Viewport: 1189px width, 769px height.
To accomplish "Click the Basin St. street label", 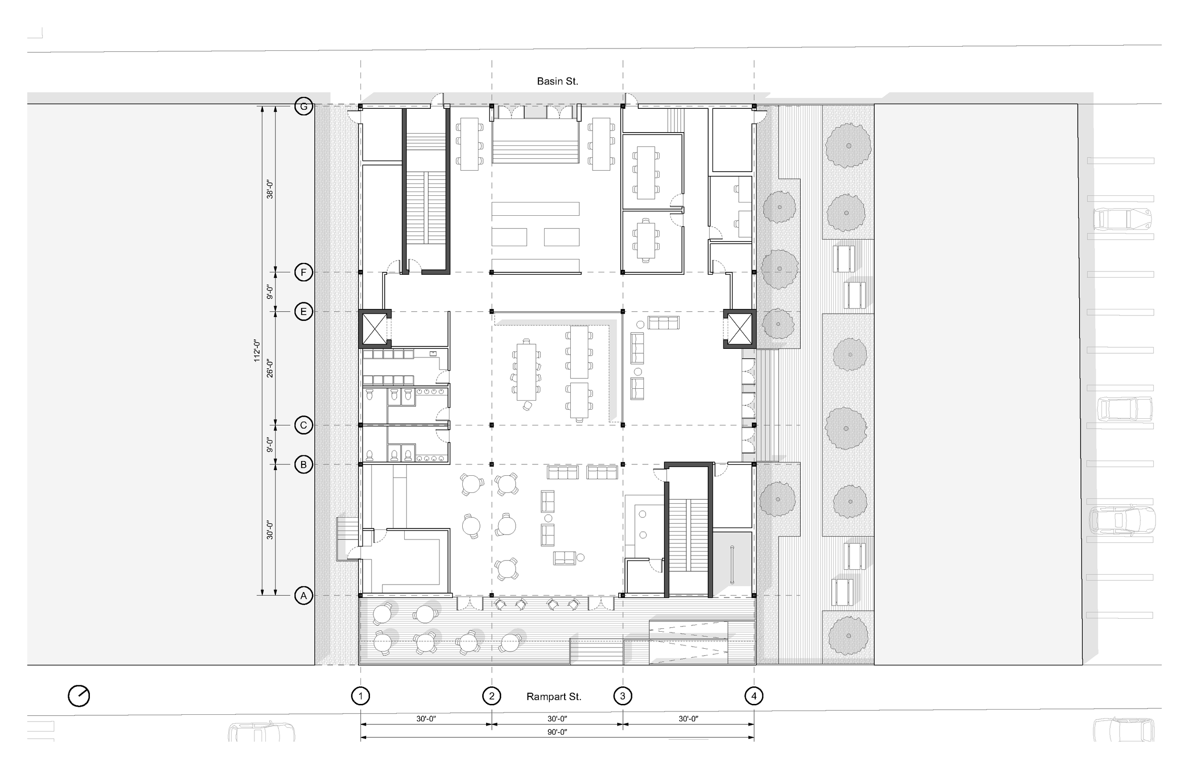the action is tap(557, 81).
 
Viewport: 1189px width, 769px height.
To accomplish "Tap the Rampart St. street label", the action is tap(554, 697).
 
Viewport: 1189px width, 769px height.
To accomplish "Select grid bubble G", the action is tap(303, 106).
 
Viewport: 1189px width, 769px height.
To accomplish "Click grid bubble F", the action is tap(303, 273).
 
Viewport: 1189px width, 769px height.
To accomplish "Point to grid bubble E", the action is tap(303, 312).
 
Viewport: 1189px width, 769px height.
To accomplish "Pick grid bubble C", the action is tap(303, 425).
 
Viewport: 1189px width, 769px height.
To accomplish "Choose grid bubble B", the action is tap(303, 465).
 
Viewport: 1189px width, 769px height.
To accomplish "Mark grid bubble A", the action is tap(303, 596).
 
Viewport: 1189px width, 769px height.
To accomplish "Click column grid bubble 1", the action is tap(360, 696).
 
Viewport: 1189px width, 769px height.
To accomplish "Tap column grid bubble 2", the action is tap(492, 696).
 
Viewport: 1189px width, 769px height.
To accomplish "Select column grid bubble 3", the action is tap(623, 696).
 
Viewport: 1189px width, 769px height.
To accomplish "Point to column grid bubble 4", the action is tap(754, 696).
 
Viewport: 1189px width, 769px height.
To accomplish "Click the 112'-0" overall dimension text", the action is tap(257, 351).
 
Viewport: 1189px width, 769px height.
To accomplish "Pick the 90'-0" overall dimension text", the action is tap(557, 732).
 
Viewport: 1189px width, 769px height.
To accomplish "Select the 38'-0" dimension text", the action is tap(270, 189).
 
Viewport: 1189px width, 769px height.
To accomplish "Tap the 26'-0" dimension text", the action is tap(270, 368).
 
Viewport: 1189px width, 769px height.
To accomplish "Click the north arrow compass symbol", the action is tap(79, 696).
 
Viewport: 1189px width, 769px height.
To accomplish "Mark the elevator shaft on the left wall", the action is tap(374, 328).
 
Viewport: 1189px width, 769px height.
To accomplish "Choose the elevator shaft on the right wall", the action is tap(740, 328).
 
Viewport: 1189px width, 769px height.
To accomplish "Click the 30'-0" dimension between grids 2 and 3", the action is tap(557, 719).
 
